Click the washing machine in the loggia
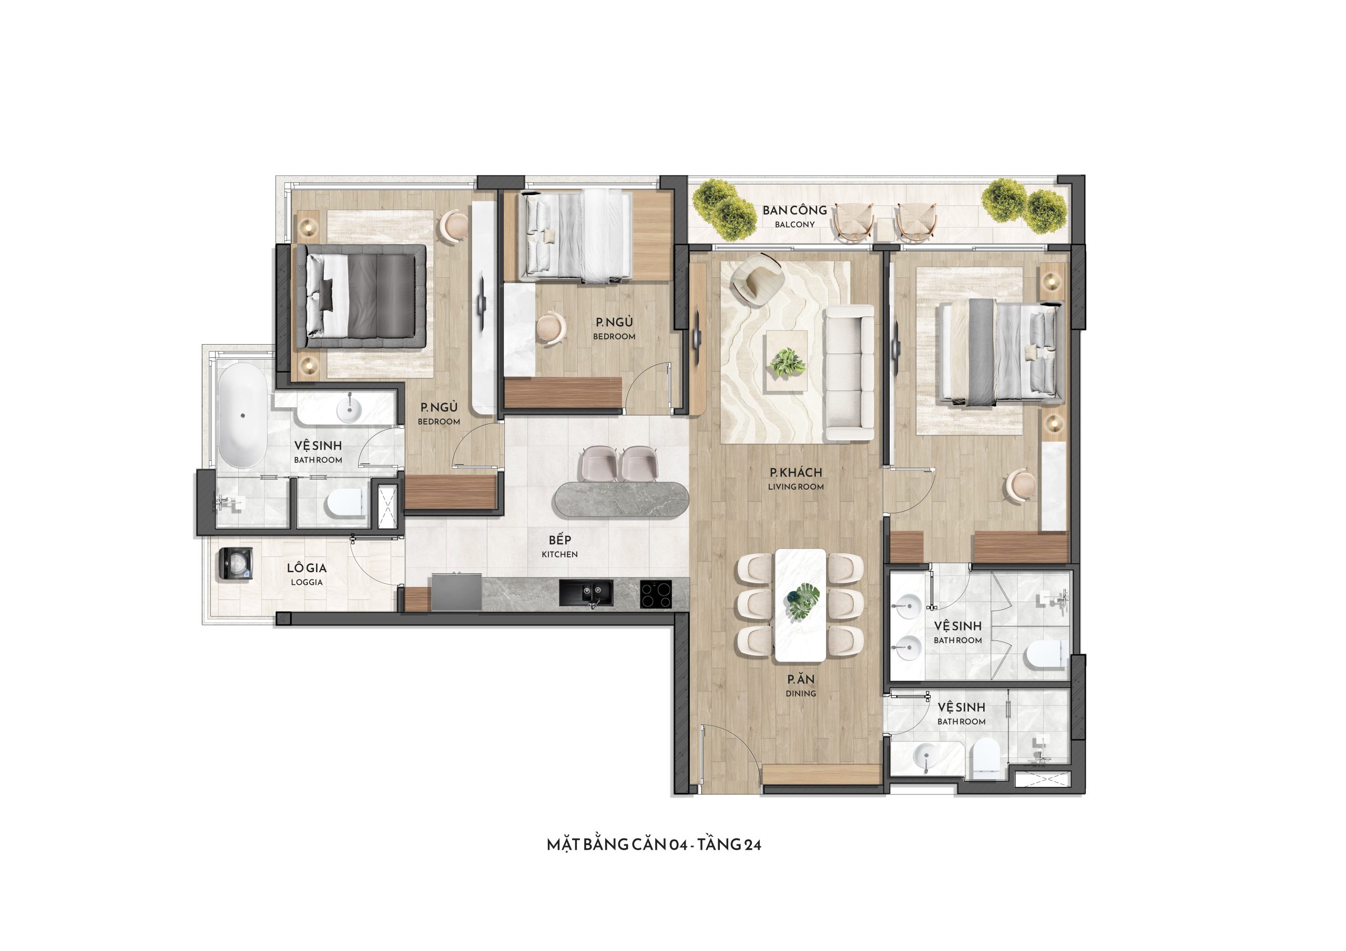coord(236,564)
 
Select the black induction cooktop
coord(656,594)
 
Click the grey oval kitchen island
coord(621,499)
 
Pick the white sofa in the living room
coord(850,373)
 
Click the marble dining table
coord(800,605)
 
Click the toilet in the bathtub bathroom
coord(343,503)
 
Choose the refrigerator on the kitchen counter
coord(456,592)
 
